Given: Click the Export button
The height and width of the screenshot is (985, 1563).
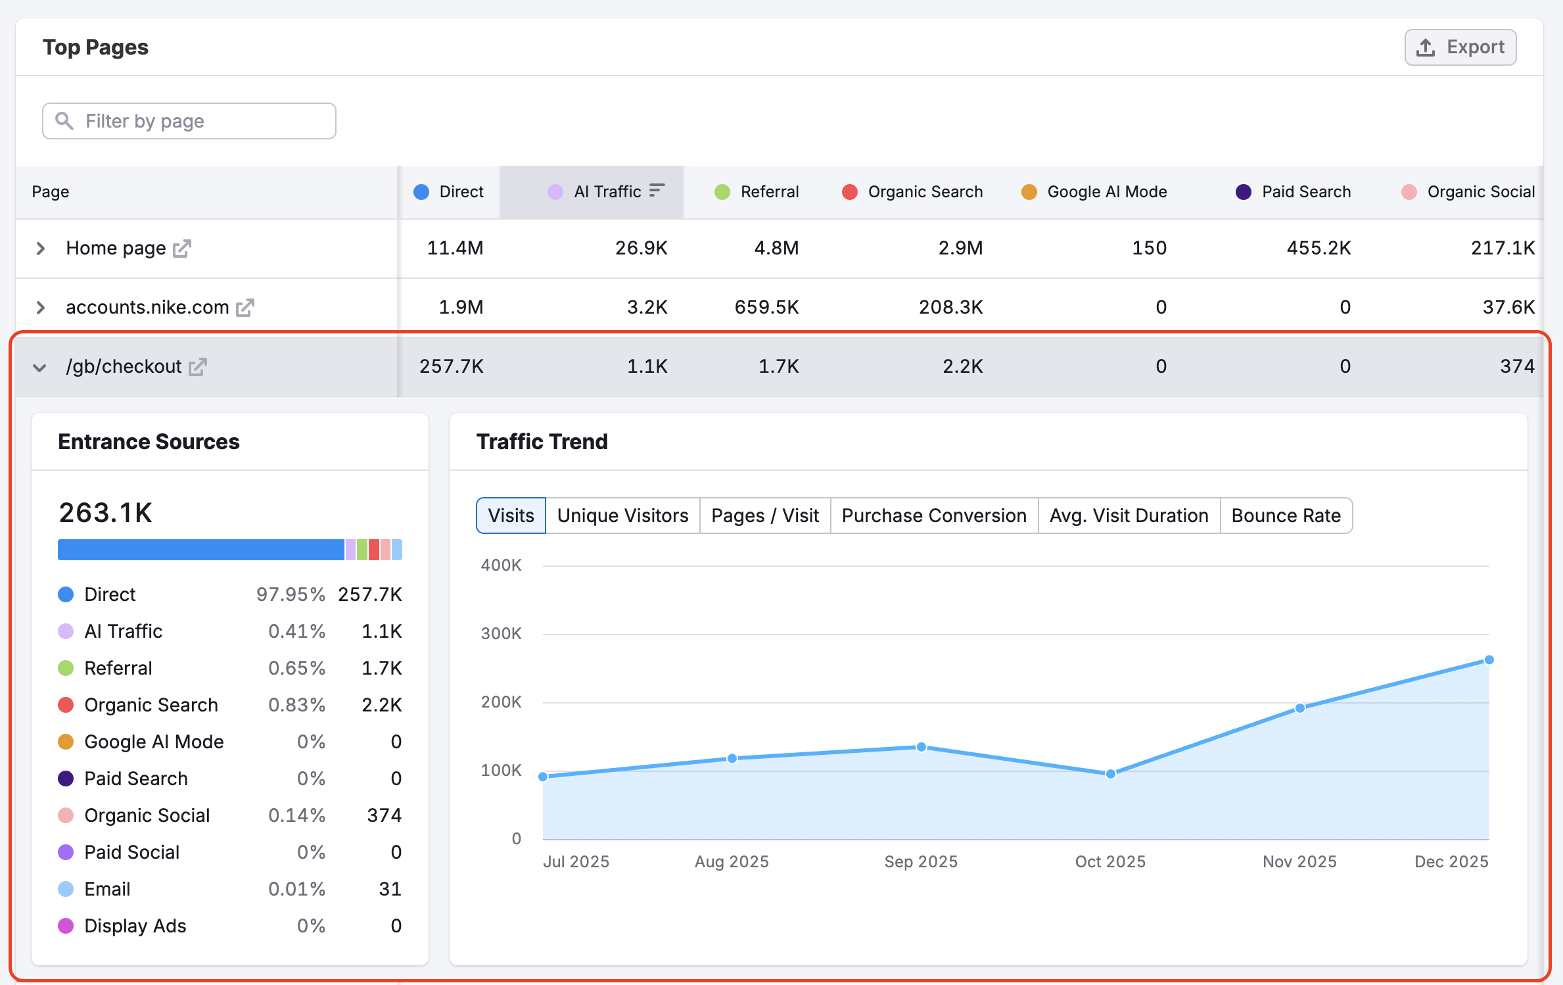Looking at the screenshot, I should click(x=1460, y=47).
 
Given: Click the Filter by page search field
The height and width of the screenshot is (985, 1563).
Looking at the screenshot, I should click(x=189, y=121).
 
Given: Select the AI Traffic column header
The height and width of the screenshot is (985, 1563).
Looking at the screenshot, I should click(x=607, y=192).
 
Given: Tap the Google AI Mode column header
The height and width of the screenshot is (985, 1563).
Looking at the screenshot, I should click(x=1106, y=192).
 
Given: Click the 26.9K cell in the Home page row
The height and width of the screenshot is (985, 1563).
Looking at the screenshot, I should click(x=641, y=249).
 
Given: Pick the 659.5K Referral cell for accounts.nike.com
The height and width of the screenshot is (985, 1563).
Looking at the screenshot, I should click(x=766, y=308).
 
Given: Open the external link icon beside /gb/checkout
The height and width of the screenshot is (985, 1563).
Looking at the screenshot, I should click(x=198, y=367).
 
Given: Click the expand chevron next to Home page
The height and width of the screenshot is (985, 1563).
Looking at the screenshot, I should click(x=41, y=249).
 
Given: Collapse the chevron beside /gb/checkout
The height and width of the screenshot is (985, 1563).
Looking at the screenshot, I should click(x=40, y=368).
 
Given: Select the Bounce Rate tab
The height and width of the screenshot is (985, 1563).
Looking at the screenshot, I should click(x=1285, y=516).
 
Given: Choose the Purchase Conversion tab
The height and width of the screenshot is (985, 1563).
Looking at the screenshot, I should click(x=933, y=516).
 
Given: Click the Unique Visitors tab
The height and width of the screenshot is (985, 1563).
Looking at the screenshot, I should click(x=622, y=516).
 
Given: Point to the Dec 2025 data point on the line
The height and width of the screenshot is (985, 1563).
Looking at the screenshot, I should click(x=1489, y=660).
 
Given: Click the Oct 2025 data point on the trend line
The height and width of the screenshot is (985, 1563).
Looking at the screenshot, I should click(x=1110, y=774).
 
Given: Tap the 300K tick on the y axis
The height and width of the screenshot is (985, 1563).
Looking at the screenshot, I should click(x=501, y=634).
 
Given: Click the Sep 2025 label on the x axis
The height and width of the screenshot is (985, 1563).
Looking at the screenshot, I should click(x=920, y=861).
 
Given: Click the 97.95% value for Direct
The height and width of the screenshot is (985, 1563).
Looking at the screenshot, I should click(x=291, y=594).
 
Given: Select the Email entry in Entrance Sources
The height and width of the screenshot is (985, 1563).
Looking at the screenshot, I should click(x=107, y=889).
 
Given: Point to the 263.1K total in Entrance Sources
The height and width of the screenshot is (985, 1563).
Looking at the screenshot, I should click(x=105, y=513).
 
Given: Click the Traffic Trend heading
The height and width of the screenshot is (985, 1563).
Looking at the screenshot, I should click(x=542, y=442).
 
